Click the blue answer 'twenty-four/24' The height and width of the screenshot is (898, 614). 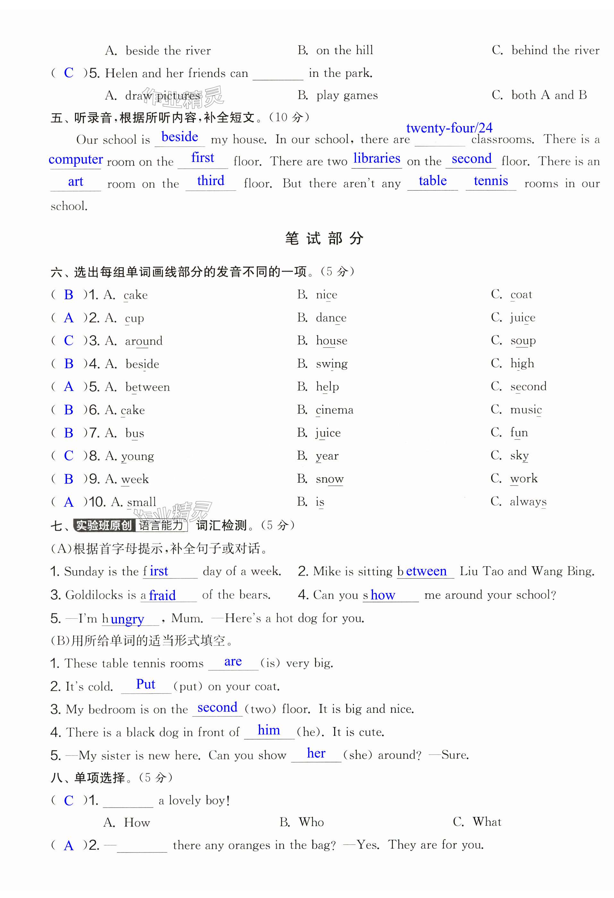449,128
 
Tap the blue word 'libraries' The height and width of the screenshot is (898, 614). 376,158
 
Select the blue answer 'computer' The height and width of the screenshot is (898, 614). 76,159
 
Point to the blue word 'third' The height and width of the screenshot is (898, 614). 210,181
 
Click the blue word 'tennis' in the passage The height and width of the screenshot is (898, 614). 491,181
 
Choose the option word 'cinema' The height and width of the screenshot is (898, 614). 334,410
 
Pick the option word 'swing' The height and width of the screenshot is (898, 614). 331,364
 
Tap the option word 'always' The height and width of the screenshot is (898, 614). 528,502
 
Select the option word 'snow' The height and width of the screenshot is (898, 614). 329,479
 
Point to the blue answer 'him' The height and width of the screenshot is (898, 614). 269,730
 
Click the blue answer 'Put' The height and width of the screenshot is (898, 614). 146,684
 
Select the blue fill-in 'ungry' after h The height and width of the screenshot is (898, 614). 127,619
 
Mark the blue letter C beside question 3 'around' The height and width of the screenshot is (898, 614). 69,340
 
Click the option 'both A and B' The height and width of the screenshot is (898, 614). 549,95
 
